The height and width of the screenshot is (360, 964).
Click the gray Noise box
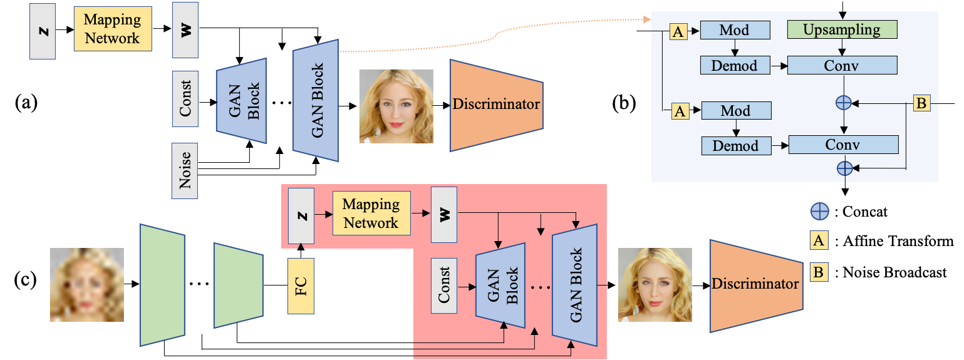point(185,171)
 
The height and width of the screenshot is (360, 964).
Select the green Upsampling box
point(842,29)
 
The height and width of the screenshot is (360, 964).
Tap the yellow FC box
point(301,285)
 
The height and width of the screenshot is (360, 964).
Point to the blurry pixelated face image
point(86,285)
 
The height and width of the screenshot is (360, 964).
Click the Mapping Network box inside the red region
point(371,213)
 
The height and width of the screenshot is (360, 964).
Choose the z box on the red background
point(301,216)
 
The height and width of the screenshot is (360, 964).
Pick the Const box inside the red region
point(444,285)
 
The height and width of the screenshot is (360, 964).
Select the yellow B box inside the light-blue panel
point(921,103)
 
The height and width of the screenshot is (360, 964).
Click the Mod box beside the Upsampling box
point(734,30)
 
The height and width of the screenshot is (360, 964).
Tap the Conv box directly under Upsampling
point(842,65)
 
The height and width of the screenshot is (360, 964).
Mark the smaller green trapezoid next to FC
point(238,285)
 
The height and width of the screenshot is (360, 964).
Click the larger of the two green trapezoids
point(162,285)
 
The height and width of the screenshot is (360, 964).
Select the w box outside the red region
point(185,30)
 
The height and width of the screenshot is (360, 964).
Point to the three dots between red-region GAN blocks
point(540,287)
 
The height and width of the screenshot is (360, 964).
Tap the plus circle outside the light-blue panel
point(819,212)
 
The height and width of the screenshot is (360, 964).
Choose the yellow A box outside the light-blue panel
point(819,240)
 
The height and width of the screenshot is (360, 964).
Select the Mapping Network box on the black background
point(113,29)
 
